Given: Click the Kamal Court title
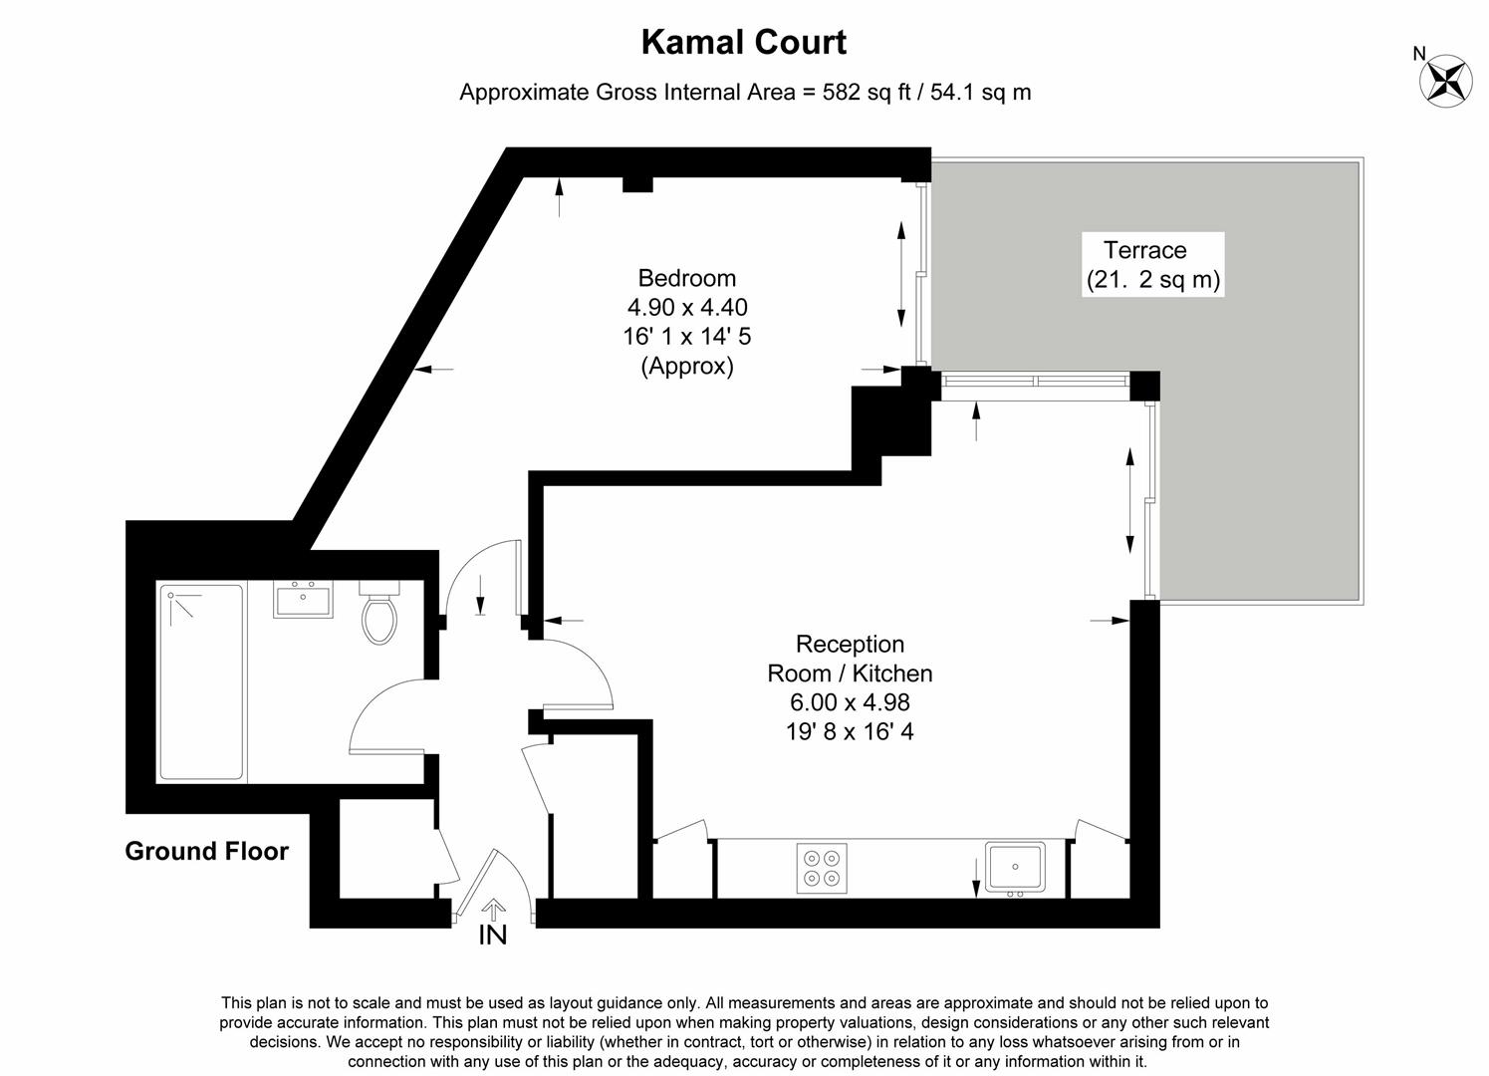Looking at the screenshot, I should tap(743, 43).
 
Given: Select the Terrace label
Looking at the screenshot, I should tap(1144, 250).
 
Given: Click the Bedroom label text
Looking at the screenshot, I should tap(686, 278).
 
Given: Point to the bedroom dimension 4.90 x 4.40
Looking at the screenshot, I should tap(686, 307).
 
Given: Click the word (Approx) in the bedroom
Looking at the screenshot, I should tap(686, 366).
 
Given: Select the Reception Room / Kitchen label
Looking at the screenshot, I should tap(850, 659).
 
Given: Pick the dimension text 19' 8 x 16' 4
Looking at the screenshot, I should tap(850, 732).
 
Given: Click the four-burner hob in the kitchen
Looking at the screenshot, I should tap(822, 867).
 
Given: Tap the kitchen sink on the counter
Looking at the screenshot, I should tap(1014, 867).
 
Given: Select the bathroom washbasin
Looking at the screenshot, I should tap(303, 600).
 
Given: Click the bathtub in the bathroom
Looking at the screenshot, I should tap(201, 682).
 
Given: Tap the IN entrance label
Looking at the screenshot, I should tap(493, 936).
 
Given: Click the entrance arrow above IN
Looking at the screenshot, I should tap(493, 909).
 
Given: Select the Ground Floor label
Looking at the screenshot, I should tap(206, 851).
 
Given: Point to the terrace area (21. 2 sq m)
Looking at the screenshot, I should tap(1152, 280).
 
